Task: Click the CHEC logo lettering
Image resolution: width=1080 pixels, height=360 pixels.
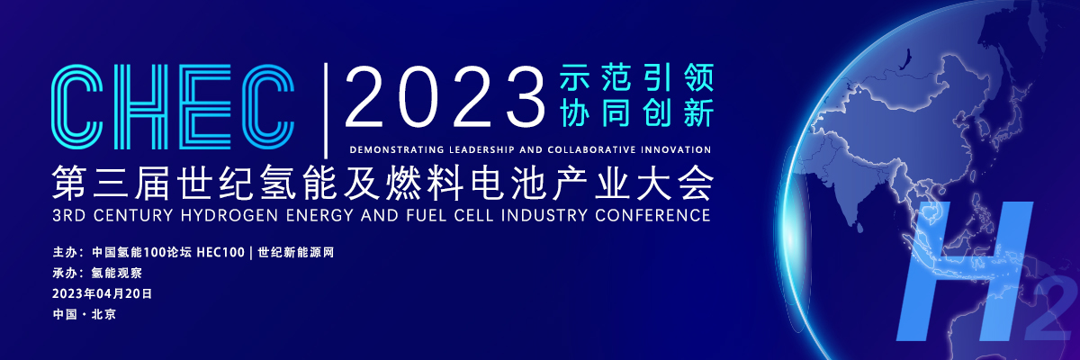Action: click(173, 106)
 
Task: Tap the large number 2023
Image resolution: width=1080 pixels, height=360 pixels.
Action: click(445, 98)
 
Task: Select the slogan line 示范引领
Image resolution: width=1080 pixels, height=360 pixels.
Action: click(636, 77)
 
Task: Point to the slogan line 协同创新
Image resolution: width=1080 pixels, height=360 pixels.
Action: click(636, 112)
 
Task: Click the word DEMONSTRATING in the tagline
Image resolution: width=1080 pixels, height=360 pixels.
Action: click(396, 150)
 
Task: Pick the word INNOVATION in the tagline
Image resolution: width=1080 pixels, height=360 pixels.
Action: click(676, 150)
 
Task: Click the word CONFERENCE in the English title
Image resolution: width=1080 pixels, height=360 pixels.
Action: click(652, 215)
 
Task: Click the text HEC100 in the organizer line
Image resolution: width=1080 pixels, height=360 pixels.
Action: click(220, 253)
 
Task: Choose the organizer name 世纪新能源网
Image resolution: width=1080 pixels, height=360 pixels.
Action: click(295, 253)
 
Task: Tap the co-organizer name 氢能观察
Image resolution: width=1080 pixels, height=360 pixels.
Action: click(117, 274)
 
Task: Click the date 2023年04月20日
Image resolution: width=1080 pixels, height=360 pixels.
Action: click(103, 294)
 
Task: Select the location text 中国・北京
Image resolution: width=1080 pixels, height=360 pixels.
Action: click(85, 315)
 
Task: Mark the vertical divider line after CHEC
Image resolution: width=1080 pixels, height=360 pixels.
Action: click(327, 111)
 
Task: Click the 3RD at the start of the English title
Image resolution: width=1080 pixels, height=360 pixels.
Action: click(69, 215)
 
